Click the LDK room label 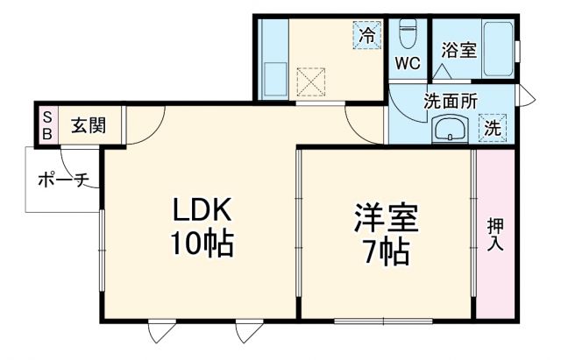201,211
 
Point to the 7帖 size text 386,252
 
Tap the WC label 408,63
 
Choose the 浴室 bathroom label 458,50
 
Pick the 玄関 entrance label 89,124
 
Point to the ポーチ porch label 65,180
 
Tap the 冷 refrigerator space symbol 367,36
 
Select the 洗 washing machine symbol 493,127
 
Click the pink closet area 495,263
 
